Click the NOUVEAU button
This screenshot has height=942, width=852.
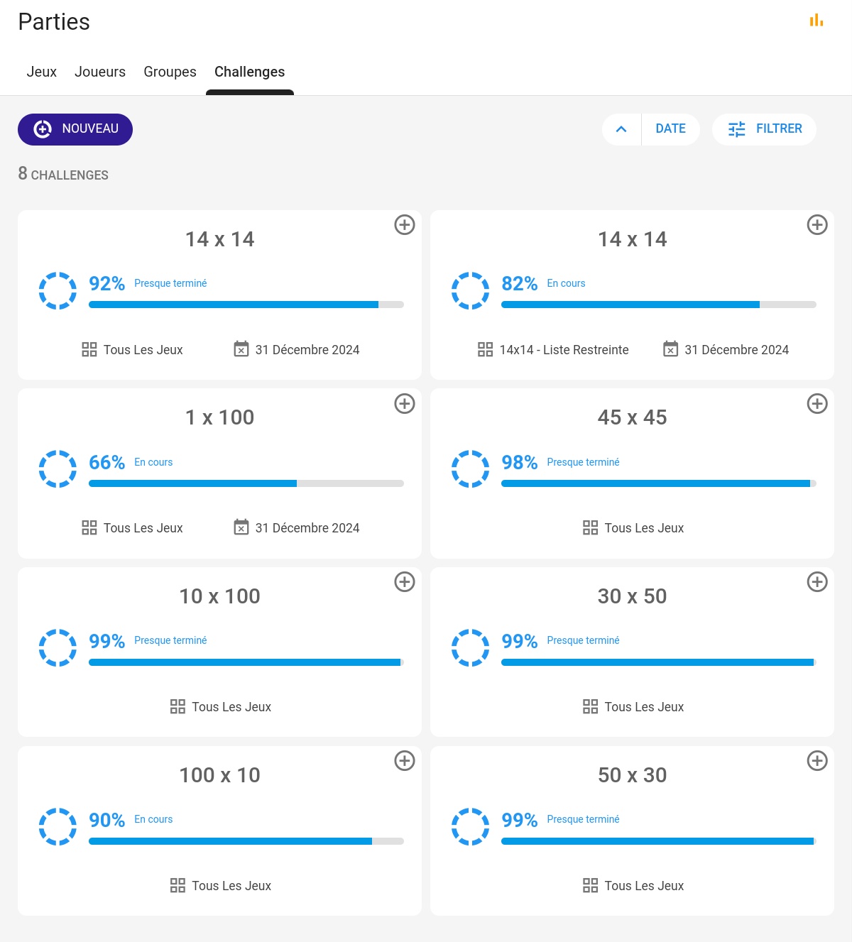75,129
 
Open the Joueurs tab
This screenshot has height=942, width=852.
100,72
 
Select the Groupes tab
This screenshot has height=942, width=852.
170,72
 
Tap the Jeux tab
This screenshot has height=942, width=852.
41,72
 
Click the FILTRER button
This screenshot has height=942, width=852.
765,129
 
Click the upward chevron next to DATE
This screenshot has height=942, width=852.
621,129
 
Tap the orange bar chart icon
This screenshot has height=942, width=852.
816,21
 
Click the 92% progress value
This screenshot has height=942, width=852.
106,284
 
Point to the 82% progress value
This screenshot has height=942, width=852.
519,284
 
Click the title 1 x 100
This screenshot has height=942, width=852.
219,417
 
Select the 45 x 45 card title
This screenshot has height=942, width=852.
632,417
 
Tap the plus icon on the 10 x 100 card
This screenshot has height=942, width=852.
405,582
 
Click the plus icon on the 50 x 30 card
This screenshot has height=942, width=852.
817,761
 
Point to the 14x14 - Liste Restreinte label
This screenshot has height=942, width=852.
564,350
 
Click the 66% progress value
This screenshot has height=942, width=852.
106,463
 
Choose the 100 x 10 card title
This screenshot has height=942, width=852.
219,775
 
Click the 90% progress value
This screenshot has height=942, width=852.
106,821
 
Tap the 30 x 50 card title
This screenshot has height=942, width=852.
632,596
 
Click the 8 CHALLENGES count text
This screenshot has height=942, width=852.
63,174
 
